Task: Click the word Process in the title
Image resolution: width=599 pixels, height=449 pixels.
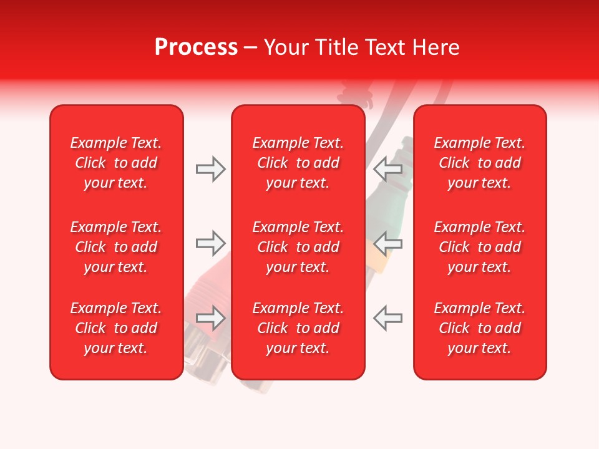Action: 196,47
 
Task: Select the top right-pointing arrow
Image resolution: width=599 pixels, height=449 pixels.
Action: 210,169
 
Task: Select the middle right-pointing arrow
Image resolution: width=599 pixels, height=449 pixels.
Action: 210,243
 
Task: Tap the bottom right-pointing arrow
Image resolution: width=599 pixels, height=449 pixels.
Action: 210,318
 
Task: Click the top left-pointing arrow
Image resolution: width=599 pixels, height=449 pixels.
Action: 387,168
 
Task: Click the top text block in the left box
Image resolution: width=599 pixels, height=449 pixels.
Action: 116,163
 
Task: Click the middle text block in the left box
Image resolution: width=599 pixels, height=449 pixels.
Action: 116,247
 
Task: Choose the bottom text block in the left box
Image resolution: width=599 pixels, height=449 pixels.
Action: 116,328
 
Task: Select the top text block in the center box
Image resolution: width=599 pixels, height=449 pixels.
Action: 298,163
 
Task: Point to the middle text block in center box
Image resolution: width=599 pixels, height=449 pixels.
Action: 298,247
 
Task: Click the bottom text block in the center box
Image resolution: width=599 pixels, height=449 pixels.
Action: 298,328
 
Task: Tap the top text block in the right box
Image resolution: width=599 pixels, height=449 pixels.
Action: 480,163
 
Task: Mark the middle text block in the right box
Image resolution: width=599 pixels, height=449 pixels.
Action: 480,247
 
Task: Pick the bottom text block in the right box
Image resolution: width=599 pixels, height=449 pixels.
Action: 480,328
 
